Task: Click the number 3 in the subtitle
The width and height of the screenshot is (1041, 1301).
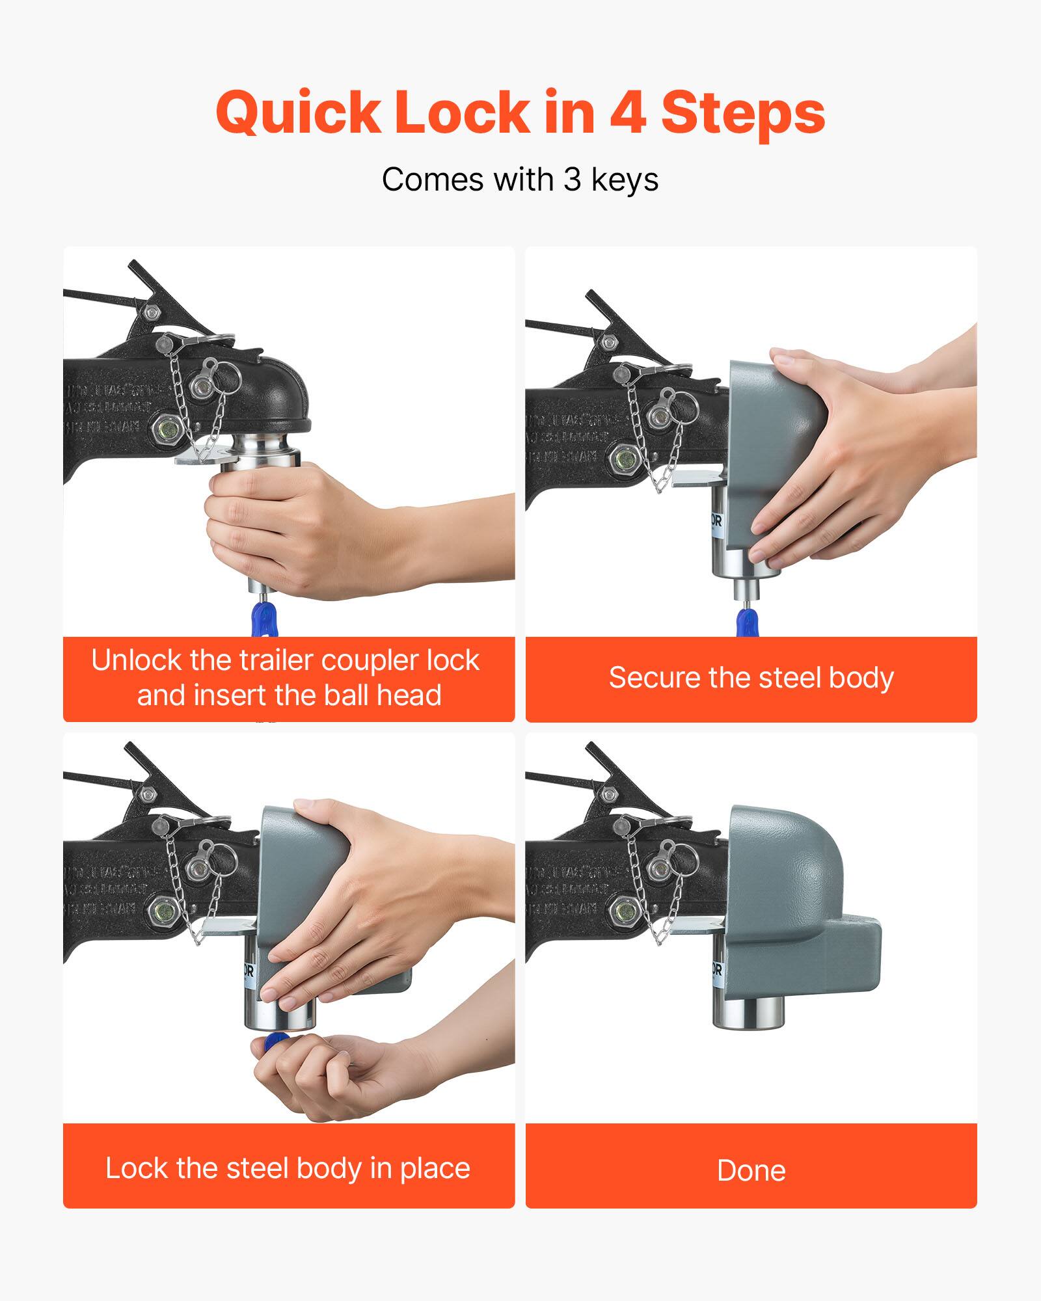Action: click(x=572, y=180)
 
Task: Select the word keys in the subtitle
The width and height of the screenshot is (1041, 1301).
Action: click(x=625, y=181)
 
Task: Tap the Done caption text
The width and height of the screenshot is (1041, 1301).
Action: click(x=751, y=1171)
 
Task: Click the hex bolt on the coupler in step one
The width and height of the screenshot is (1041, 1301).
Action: click(x=167, y=430)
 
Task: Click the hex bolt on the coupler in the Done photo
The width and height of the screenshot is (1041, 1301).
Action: click(x=625, y=911)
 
